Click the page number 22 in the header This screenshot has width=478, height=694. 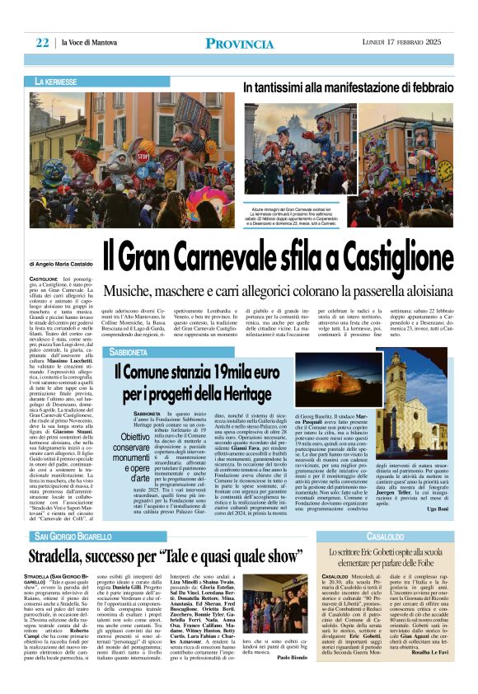pyautogui.click(x=42, y=43)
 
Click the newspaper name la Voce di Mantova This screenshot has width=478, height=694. pyautogui.click(x=90, y=44)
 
